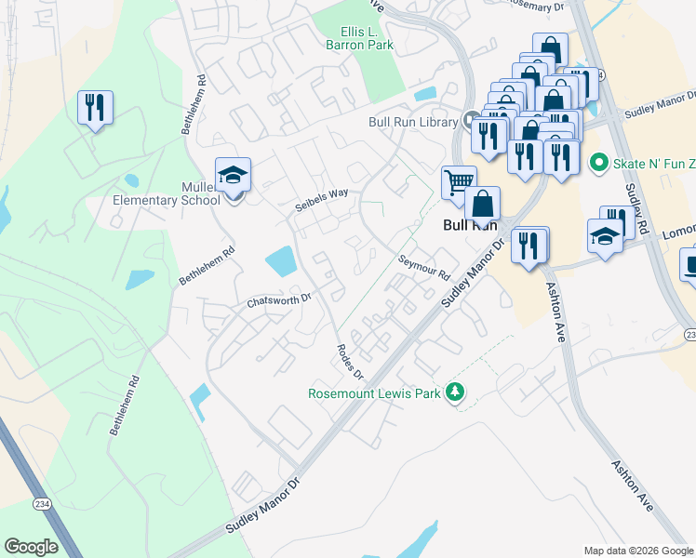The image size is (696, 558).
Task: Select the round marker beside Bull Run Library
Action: [472, 121]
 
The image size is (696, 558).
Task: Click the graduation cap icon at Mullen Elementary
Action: [233, 175]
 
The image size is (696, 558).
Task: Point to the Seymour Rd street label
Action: [423, 269]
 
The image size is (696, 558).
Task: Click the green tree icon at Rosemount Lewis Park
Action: [455, 391]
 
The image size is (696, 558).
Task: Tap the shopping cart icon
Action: [458, 182]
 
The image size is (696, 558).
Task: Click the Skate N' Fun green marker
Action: [598, 163]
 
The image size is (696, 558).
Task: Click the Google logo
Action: [32, 547]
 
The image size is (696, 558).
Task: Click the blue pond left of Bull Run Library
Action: [426, 94]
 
